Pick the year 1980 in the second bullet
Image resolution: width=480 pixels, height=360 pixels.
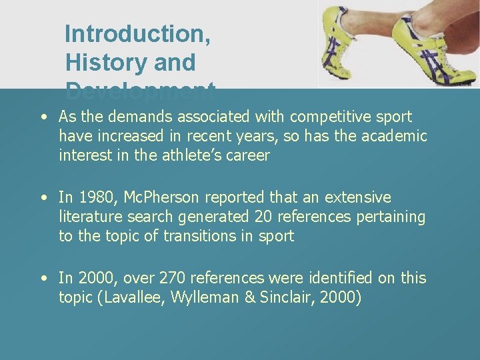pos(91,198)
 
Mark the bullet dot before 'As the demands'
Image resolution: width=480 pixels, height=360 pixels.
pos(43,117)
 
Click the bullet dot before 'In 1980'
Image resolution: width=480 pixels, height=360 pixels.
pos(43,198)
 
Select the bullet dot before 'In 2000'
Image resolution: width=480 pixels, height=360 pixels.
pos(43,278)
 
